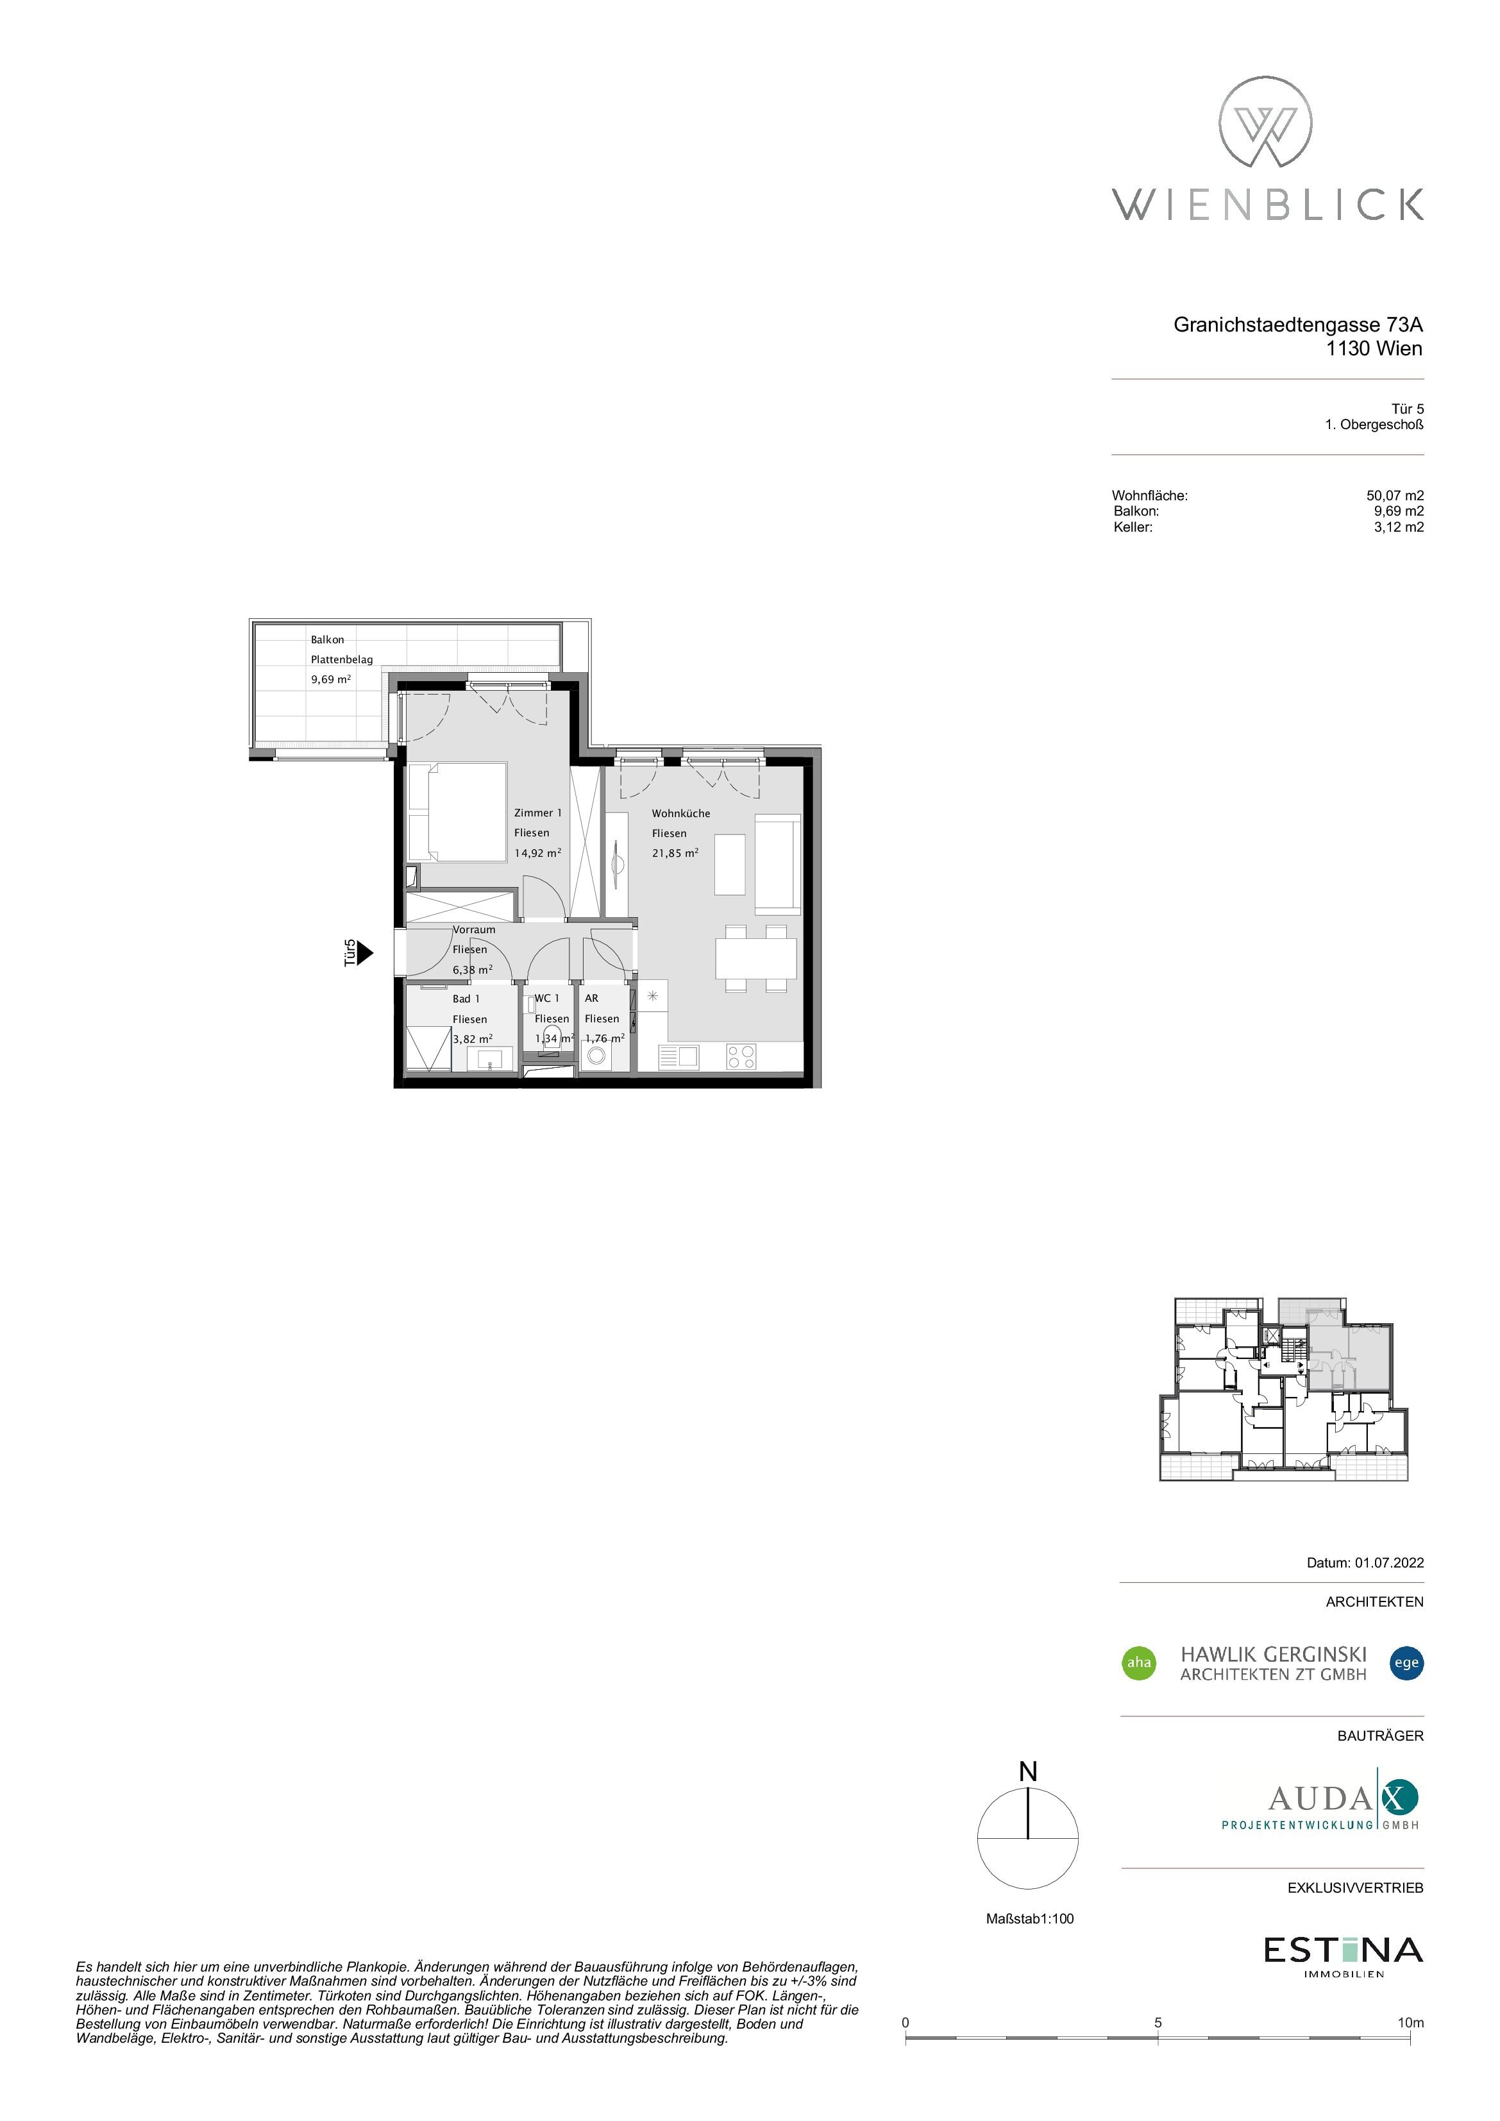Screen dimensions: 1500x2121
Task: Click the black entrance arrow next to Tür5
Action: pos(365,952)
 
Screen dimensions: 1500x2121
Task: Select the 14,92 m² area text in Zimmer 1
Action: pos(537,852)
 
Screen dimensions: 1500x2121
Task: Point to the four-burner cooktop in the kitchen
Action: pos(741,1056)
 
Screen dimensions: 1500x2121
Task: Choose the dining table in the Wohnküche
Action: pos(755,959)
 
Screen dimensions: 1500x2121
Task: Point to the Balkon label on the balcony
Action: pos(327,639)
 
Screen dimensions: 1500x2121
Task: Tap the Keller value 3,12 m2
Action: pos(1399,527)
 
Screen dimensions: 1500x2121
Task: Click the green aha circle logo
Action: pos(1139,1663)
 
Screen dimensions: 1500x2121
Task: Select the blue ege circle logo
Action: pos(1407,1663)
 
